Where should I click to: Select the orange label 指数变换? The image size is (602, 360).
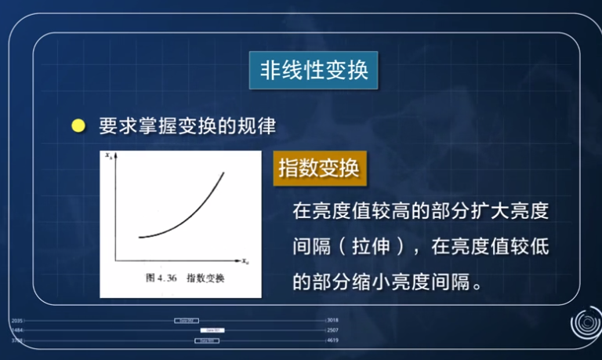(319, 168)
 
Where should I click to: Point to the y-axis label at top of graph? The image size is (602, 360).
(108, 157)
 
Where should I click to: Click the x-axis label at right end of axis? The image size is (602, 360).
(245, 260)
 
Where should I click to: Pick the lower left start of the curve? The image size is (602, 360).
(140, 237)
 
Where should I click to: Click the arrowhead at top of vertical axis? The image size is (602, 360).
(116, 158)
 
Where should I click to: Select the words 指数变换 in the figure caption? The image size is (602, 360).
(205, 278)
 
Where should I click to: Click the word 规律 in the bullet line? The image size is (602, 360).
(261, 125)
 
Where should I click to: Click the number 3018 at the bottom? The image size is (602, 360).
(332, 321)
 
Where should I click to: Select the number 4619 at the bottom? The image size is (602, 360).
(332, 341)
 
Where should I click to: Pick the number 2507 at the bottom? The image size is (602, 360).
(332, 331)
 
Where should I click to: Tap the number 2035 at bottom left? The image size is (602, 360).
(17, 321)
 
